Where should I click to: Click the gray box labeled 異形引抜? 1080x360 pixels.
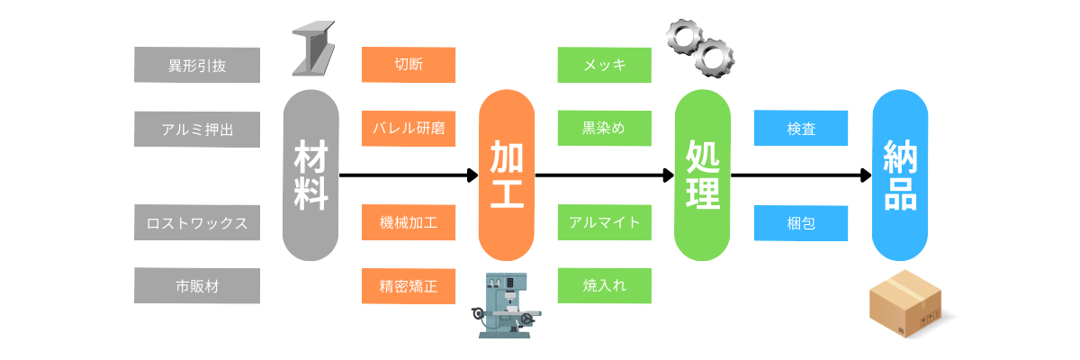197,65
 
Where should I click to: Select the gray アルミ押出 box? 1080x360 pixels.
197,129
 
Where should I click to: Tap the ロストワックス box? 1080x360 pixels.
197,222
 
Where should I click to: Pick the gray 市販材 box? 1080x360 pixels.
197,285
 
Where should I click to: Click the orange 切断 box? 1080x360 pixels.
408,65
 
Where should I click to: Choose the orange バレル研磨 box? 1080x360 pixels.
408,129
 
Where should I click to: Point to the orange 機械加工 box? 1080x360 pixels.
408,222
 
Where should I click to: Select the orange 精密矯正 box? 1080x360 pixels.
408,285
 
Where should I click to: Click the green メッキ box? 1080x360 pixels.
604,65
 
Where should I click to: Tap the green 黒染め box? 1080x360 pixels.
604,129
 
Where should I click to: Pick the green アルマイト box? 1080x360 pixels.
604,222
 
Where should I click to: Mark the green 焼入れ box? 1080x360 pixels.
604,285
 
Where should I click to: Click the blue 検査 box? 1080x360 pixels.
800,129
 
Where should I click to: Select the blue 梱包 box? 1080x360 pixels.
800,222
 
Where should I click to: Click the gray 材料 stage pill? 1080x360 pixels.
310,175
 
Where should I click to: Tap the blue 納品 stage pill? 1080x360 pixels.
900,175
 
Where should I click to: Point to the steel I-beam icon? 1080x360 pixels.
312,50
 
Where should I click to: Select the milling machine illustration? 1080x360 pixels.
508,306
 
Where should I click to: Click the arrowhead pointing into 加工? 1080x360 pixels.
472,175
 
